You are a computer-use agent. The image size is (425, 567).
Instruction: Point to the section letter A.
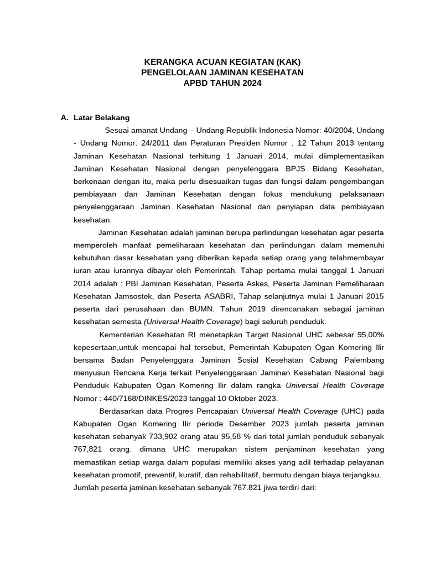click(64, 117)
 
